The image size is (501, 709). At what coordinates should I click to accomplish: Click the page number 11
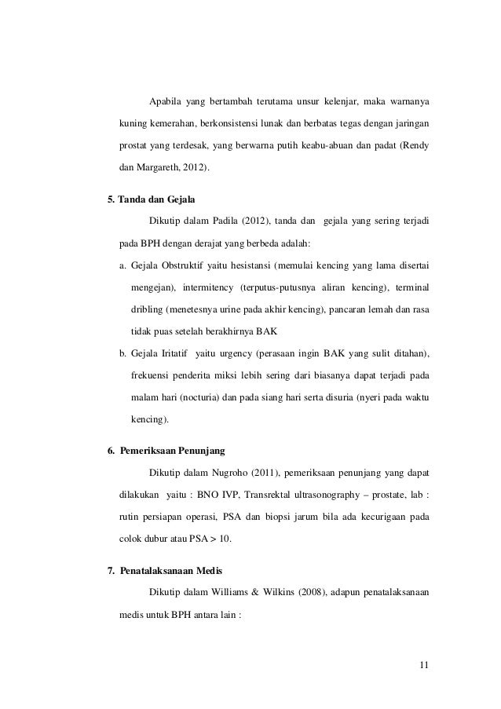click(x=423, y=667)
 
